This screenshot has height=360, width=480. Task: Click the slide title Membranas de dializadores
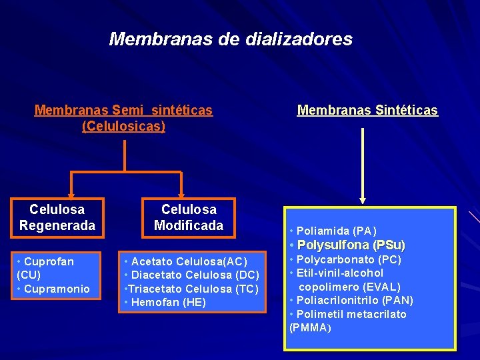tap(231, 39)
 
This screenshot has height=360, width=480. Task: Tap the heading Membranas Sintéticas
tap(367, 111)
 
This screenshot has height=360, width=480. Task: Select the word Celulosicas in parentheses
tap(123, 125)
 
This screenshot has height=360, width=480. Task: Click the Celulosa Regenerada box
tap(57, 218)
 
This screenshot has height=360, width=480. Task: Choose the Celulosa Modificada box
tap(188, 218)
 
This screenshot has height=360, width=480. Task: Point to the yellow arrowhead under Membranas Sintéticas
tap(363, 199)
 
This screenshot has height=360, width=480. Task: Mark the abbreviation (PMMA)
tap(310, 328)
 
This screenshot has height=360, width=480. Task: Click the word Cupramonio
tap(61, 289)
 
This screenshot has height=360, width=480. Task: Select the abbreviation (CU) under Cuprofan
tap(29, 275)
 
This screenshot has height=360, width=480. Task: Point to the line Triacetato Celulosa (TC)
tap(190, 289)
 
